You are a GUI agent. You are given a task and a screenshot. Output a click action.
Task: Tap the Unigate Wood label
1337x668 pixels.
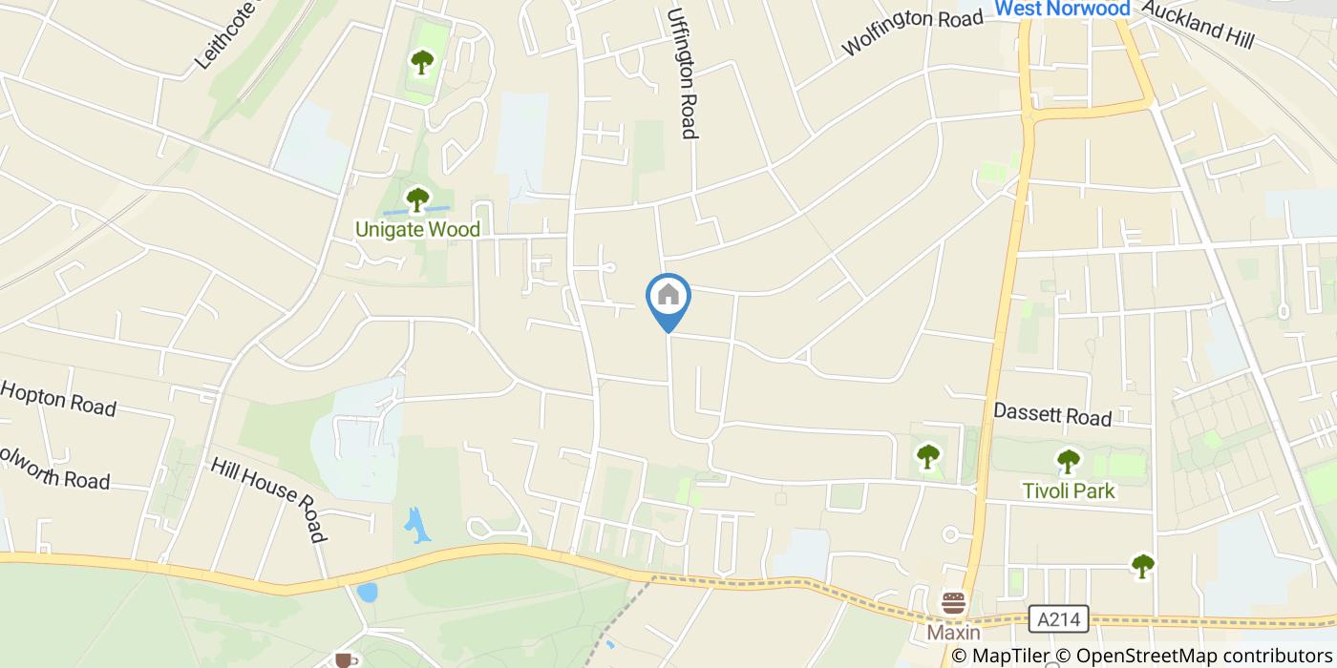(417, 229)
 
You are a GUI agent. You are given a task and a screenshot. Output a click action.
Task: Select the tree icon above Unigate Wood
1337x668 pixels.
(417, 199)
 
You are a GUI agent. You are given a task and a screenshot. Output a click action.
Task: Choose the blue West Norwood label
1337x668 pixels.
(1062, 9)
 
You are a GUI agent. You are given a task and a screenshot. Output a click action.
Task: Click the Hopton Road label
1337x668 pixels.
(58, 399)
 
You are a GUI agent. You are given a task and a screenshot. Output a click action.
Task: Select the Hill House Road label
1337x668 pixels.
(268, 498)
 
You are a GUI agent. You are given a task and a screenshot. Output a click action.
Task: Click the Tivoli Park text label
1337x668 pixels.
(1069, 491)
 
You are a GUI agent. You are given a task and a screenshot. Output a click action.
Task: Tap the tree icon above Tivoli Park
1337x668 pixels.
(1068, 462)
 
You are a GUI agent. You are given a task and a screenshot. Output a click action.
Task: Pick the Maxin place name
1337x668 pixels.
(953, 633)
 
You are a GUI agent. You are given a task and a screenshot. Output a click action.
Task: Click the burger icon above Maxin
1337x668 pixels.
(953, 604)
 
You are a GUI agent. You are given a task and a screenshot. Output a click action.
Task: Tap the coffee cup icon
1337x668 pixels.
(345, 659)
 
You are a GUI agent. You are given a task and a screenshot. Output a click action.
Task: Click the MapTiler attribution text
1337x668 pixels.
(999, 656)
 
